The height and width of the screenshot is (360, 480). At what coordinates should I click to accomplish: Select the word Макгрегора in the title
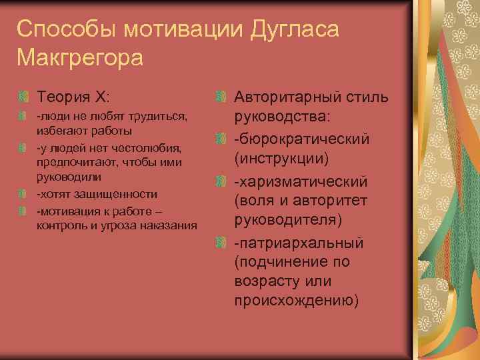pos(80,58)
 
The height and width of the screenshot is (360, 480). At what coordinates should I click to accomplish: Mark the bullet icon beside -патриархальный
pos(221,240)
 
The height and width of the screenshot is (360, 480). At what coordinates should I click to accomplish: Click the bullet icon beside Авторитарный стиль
pos(221,99)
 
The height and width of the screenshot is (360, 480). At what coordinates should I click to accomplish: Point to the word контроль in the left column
pos(59,225)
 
